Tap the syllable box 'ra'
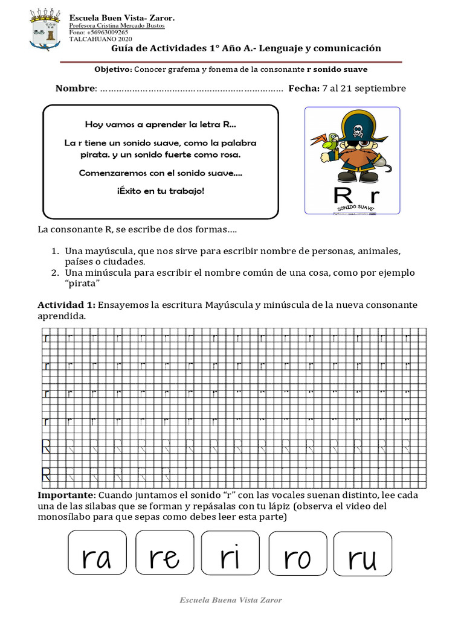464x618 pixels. point(97,552)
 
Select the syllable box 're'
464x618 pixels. point(164,552)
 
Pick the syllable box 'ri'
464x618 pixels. point(230,552)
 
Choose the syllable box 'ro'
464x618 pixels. point(297,552)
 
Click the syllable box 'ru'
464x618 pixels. point(362,552)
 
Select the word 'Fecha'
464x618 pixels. point(303,89)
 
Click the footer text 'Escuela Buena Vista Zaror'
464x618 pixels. point(231,600)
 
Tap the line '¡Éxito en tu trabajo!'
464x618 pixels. point(160,191)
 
